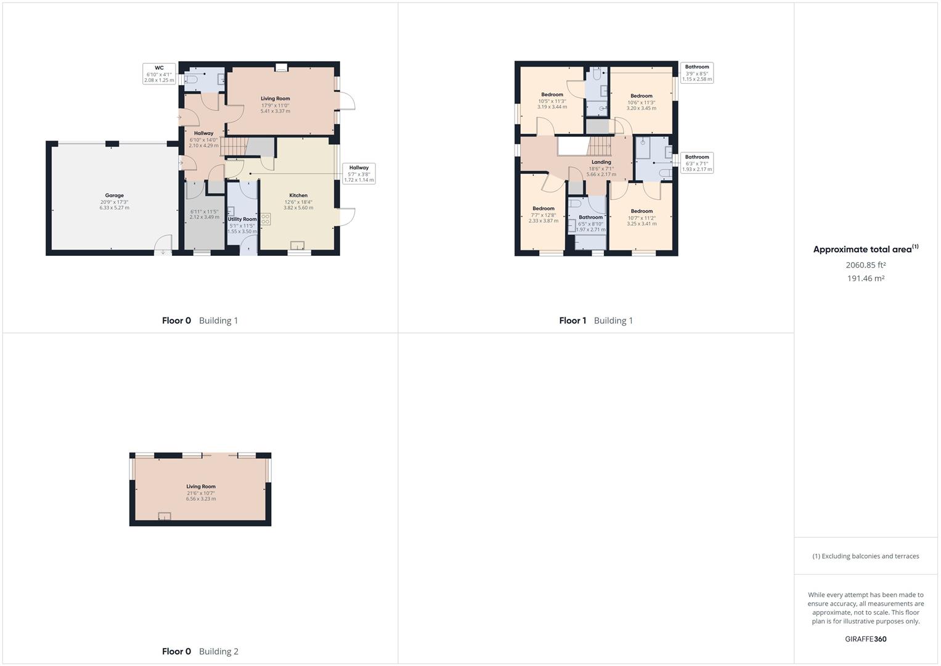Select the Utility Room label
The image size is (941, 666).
pos(242,220)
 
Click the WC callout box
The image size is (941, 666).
pos(159,74)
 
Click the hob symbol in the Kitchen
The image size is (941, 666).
pos(266,219)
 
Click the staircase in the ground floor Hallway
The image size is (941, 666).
pos(234,147)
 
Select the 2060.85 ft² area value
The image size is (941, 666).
pos(865,265)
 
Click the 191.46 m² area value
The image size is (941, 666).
pos(865,279)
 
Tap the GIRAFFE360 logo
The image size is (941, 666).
pos(865,639)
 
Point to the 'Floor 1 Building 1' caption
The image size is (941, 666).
pos(595,321)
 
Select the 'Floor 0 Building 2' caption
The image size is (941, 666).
pos(200,651)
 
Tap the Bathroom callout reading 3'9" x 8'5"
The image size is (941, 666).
pos(697,73)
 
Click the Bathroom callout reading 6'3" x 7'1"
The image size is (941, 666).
pos(697,163)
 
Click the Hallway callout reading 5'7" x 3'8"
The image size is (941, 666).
pos(359,174)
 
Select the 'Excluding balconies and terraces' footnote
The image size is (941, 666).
pos(865,556)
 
